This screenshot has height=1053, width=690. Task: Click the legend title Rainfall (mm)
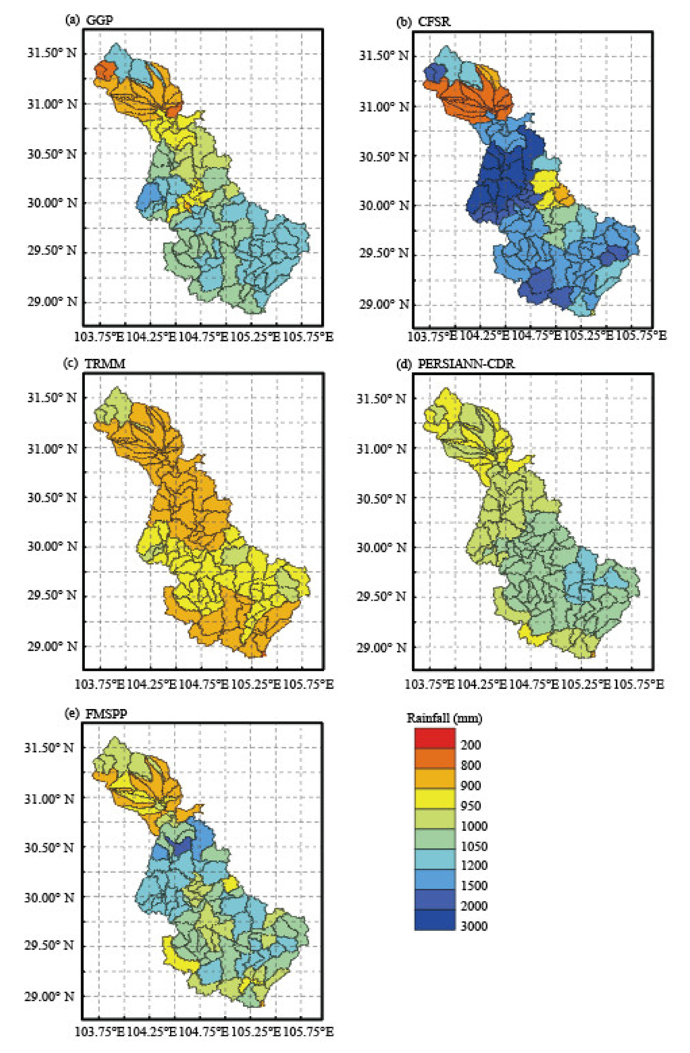pyautogui.click(x=444, y=718)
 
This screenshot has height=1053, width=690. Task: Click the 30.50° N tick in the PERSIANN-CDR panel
pyautogui.click(x=381, y=499)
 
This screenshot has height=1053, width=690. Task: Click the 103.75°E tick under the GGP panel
pyautogui.click(x=99, y=337)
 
